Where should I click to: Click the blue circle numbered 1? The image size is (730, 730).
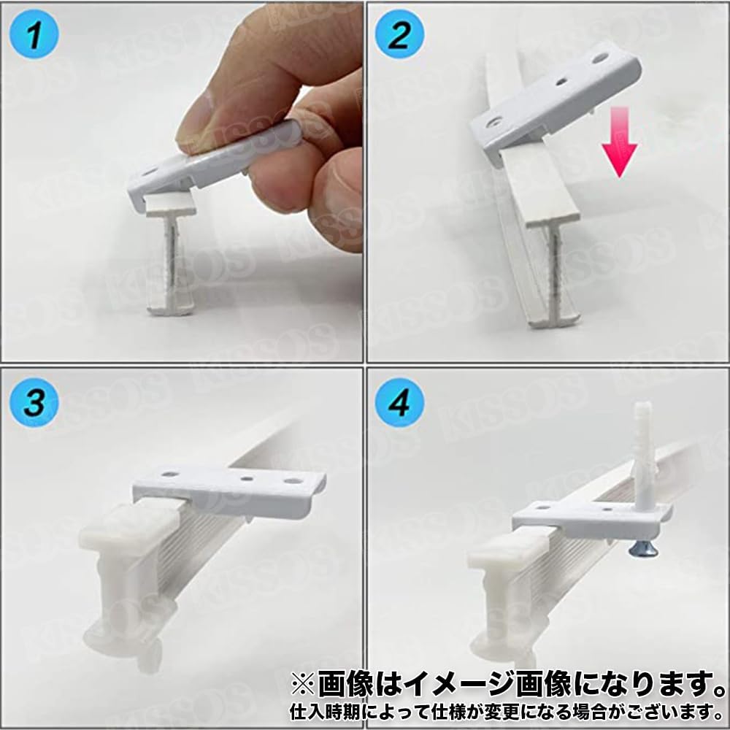coord(34,34)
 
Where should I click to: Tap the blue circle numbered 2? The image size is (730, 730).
coord(399,34)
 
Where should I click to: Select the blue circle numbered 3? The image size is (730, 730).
coord(34,401)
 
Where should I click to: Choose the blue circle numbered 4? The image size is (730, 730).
coord(399,401)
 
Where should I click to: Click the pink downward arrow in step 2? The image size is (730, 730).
coord(619,142)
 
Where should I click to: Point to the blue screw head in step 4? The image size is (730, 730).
coord(642,550)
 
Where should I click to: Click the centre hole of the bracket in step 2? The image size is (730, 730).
coord(561,82)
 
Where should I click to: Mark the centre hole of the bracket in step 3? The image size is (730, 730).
coord(246,477)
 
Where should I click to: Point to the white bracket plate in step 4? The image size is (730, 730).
coord(591,518)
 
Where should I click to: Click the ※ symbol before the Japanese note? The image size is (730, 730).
coord(304,685)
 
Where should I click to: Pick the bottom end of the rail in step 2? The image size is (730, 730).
coord(554,320)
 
